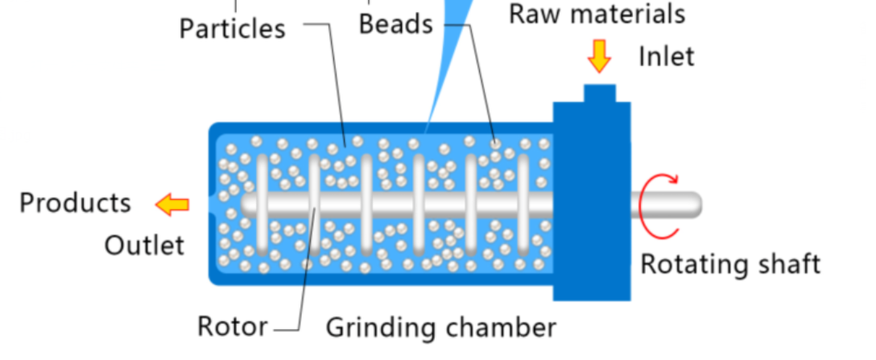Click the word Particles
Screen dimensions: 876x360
click(232, 28)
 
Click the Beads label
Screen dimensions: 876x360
click(396, 25)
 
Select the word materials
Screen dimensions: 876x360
click(625, 14)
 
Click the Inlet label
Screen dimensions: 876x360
click(667, 56)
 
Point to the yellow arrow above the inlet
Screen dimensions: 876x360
click(600, 56)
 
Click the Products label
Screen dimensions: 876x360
click(76, 202)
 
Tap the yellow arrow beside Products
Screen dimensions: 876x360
click(172, 205)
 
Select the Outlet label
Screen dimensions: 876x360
click(144, 245)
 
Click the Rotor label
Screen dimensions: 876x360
click(233, 326)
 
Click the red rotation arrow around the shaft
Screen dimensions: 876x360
click(643, 205)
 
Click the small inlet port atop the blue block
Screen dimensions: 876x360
click(600, 93)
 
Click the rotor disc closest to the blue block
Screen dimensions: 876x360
click(523, 204)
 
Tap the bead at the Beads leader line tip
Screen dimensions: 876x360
click(495, 143)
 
